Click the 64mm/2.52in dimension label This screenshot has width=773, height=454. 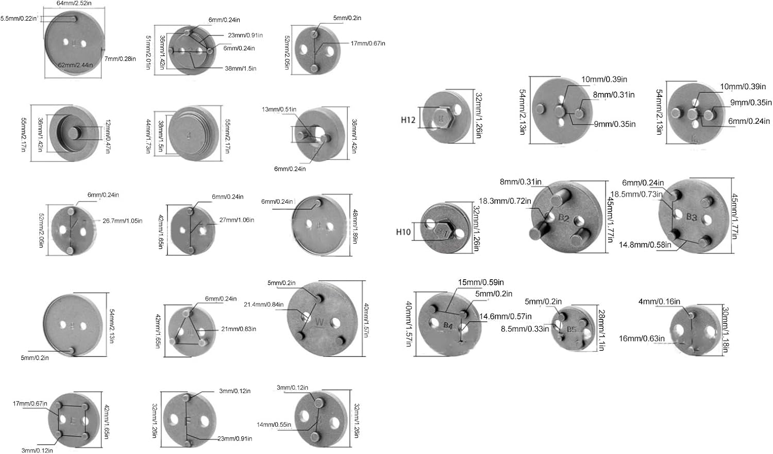pyautogui.click(x=75, y=4)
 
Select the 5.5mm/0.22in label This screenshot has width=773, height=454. pyautogui.click(x=19, y=19)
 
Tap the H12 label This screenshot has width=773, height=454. pyautogui.click(x=408, y=120)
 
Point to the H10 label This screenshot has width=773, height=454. pyautogui.click(x=404, y=232)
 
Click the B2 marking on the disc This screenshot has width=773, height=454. pyautogui.click(x=563, y=218)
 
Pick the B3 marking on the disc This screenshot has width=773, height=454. pyautogui.click(x=691, y=217)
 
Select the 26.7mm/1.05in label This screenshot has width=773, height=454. pyautogui.click(x=122, y=221)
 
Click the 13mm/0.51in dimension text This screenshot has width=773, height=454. pyautogui.click(x=279, y=109)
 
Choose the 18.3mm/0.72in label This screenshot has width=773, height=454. pyautogui.click(x=505, y=201)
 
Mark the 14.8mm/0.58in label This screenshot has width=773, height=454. pyautogui.click(x=645, y=245)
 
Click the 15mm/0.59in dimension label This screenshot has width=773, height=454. pyautogui.click(x=481, y=282)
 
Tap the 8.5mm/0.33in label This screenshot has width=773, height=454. pyautogui.click(x=525, y=329)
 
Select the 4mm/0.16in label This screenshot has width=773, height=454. pyautogui.click(x=659, y=301)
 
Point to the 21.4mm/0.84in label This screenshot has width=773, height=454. pyautogui.click(x=263, y=304)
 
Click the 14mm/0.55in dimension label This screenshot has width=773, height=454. pyautogui.click(x=274, y=425)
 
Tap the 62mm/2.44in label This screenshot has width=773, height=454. pyautogui.click(x=75, y=65)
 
